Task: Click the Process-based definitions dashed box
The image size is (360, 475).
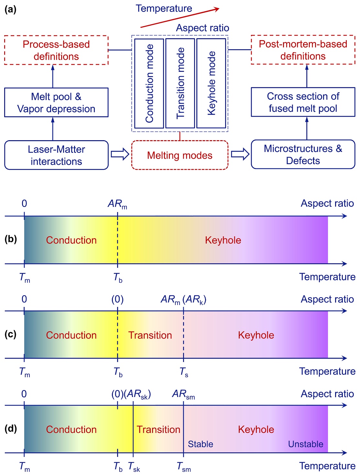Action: pos(56,50)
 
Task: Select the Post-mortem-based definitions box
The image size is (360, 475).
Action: pos(303,50)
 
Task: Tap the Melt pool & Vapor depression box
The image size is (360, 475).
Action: pos(56,102)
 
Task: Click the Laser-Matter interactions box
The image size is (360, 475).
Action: pos(56,155)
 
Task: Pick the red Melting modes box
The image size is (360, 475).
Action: pos(180,155)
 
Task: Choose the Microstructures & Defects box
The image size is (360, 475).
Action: pos(303,154)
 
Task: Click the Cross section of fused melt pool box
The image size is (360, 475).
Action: pos(303,102)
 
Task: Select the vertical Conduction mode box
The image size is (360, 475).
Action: pos(149,84)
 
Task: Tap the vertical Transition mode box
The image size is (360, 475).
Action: pos(180,84)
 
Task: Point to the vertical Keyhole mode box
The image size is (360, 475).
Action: pos(211,84)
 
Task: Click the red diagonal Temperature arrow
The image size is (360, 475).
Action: pos(180,18)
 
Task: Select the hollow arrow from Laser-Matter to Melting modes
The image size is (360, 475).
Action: pos(120,154)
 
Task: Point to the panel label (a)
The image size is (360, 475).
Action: pos(10,9)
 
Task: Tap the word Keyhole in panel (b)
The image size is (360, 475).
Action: pos(223,240)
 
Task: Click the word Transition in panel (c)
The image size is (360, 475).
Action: pos(150,335)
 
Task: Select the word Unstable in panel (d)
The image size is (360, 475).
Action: pos(306,444)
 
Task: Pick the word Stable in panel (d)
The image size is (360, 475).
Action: pos(201,444)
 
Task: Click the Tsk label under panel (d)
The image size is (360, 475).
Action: pos(134,467)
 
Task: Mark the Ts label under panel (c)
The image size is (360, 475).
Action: pos(184,372)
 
